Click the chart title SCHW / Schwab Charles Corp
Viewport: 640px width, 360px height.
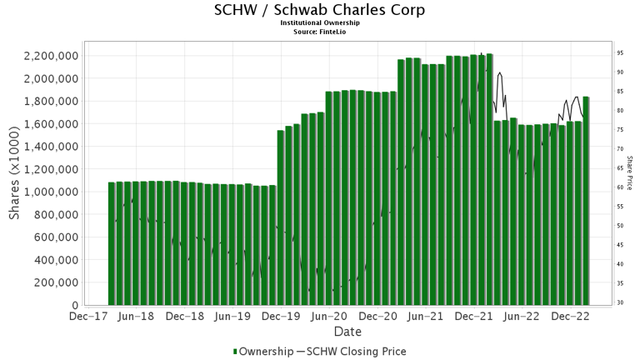point(319,10)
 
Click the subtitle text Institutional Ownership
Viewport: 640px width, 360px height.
point(319,23)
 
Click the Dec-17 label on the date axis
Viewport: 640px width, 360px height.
point(87,317)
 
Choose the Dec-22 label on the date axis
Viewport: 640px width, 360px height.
point(571,317)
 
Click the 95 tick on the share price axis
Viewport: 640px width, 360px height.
point(620,52)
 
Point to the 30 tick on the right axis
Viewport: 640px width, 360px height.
point(620,302)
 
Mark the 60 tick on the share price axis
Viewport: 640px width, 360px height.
point(620,187)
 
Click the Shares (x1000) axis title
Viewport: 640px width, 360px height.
point(15,179)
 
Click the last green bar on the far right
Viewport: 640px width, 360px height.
point(586,201)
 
